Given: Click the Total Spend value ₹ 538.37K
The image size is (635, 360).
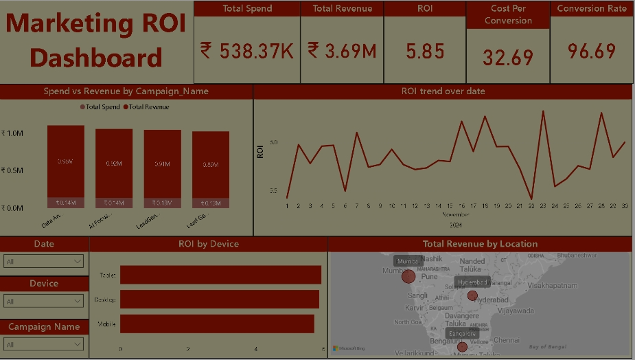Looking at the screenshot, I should (x=246, y=51).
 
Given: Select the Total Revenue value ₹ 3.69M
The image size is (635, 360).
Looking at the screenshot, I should (x=341, y=51).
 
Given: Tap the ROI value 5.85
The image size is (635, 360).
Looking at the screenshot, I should (x=425, y=52).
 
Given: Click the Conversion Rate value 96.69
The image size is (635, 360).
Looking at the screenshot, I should (x=592, y=51).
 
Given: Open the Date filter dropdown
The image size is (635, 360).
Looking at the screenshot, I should (x=44, y=261).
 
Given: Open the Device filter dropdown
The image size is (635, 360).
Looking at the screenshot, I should (x=44, y=301).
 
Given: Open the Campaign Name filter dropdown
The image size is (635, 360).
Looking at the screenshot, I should (x=44, y=344).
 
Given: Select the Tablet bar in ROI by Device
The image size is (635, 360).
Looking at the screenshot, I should (x=220, y=275).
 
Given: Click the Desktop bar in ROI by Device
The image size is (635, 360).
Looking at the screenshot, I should (x=219, y=299).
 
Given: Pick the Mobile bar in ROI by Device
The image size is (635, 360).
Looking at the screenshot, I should (x=217, y=324).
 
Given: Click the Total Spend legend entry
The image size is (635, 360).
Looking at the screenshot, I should (x=100, y=107).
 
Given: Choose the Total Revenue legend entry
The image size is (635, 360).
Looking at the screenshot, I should (x=146, y=107).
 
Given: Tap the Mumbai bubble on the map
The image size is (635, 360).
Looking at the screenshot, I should (x=408, y=276).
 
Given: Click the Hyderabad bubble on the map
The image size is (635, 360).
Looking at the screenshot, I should (x=472, y=295).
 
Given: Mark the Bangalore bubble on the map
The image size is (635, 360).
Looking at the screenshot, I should (x=462, y=347).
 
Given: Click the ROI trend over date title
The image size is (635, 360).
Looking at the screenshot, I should (x=443, y=91).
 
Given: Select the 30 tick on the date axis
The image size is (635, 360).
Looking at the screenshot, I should (x=624, y=205).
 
